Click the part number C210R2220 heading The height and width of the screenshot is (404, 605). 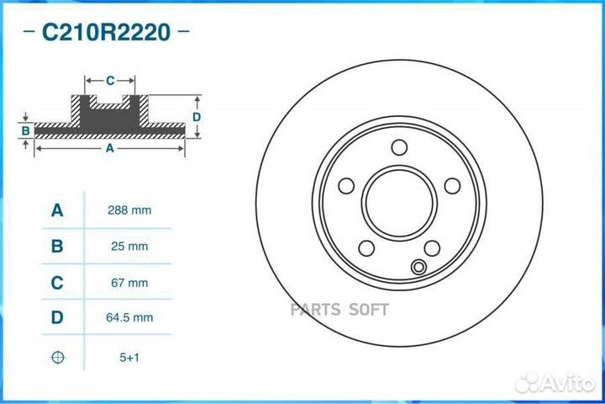[x=106, y=33]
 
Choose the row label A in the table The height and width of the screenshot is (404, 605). [x=57, y=210]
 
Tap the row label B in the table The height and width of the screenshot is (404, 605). [x=57, y=247]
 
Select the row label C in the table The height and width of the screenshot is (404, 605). [x=57, y=283]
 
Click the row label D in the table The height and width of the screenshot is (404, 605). [x=57, y=318]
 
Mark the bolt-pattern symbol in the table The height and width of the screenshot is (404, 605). [x=57, y=357]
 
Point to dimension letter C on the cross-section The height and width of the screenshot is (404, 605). [x=110, y=81]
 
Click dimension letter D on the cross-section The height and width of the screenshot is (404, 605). [x=196, y=116]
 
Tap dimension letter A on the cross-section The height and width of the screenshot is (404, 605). [x=109, y=148]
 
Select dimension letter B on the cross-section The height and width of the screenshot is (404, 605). [x=26, y=130]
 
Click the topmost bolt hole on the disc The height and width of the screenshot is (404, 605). [x=400, y=146]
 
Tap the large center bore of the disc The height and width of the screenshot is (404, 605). [x=400, y=203]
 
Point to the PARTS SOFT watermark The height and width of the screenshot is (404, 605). [x=339, y=309]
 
